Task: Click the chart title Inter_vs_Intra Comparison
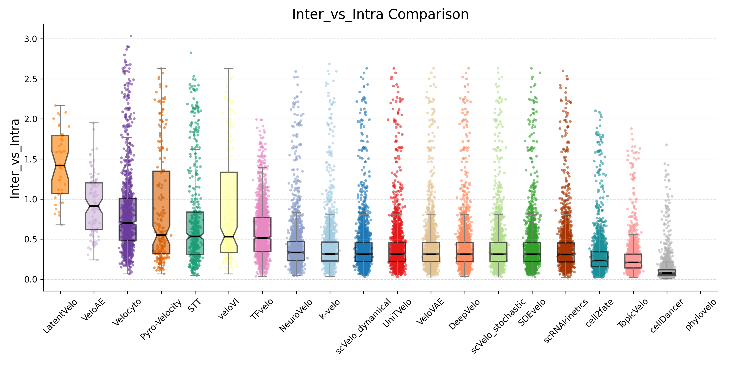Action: [380, 14]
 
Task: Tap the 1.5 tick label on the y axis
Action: [31, 159]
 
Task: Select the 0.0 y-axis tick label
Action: [31, 279]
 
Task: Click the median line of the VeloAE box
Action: [94, 206]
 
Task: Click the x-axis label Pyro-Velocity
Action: [161, 319]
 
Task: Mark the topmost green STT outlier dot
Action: [191, 53]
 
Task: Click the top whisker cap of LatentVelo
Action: [60, 105]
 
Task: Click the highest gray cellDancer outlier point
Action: [667, 145]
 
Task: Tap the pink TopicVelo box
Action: [633, 261]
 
